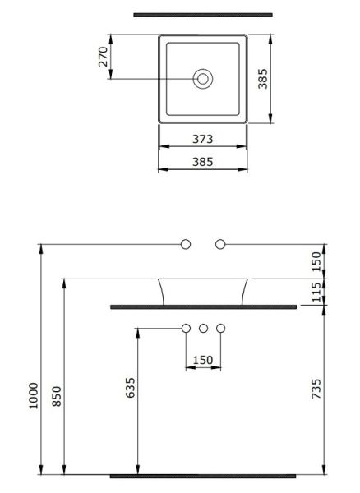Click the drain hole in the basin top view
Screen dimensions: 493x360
202,79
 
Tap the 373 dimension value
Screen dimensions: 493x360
202,140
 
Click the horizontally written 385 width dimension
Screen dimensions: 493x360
202,162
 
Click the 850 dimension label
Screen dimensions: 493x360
57,396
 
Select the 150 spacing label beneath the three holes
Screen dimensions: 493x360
202,358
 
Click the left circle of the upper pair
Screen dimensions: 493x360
186,244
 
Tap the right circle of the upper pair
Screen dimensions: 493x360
219,244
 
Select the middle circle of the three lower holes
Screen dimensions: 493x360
203,329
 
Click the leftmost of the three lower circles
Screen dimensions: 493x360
186,329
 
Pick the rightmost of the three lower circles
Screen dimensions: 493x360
219,329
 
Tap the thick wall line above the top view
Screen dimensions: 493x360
202,14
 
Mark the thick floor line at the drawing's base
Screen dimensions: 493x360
202,475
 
